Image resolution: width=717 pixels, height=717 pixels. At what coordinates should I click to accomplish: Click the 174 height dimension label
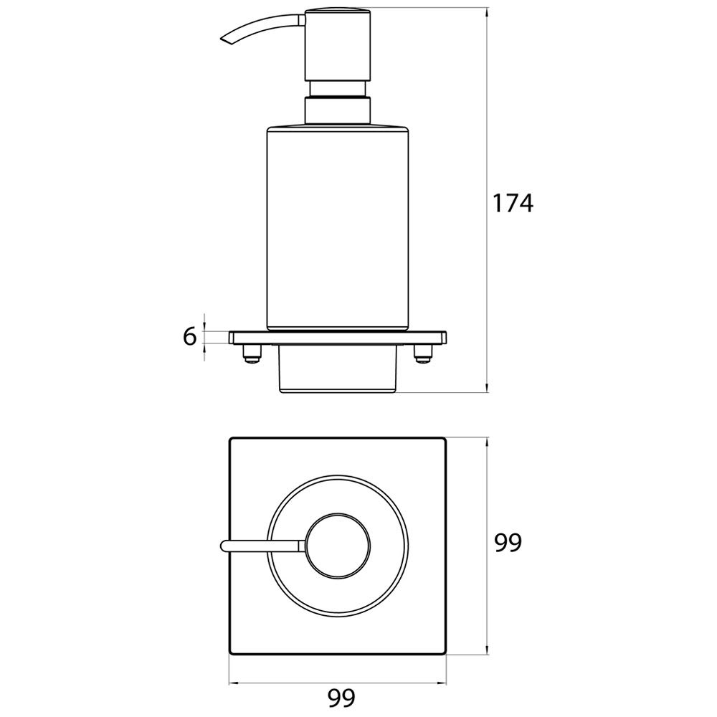click(x=513, y=203)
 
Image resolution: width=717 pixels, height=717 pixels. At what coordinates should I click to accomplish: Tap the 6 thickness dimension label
click(x=190, y=337)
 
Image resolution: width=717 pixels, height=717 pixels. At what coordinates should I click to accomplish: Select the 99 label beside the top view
click(x=508, y=543)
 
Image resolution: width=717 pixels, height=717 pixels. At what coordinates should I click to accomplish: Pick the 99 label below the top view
click(x=341, y=698)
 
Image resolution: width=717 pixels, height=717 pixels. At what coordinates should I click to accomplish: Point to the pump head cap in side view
click(x=337, y=45)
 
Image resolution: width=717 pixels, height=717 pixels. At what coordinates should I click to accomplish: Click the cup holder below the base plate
click(x=338, y=369)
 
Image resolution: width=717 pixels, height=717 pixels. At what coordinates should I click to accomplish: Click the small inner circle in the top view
click(x=338, y=546)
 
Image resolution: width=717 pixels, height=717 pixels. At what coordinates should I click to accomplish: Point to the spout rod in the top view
click(x=262, y=546)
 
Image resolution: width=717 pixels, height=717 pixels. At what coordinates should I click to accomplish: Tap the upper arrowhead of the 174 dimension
click(x=488, y=13)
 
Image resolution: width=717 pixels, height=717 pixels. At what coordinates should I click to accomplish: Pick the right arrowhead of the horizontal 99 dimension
click(x=441, y=671)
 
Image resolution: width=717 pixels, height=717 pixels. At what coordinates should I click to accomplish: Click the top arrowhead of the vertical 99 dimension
click(x=488, y=443)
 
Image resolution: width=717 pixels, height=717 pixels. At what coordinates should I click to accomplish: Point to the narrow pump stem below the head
click(x=337, y=89)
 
